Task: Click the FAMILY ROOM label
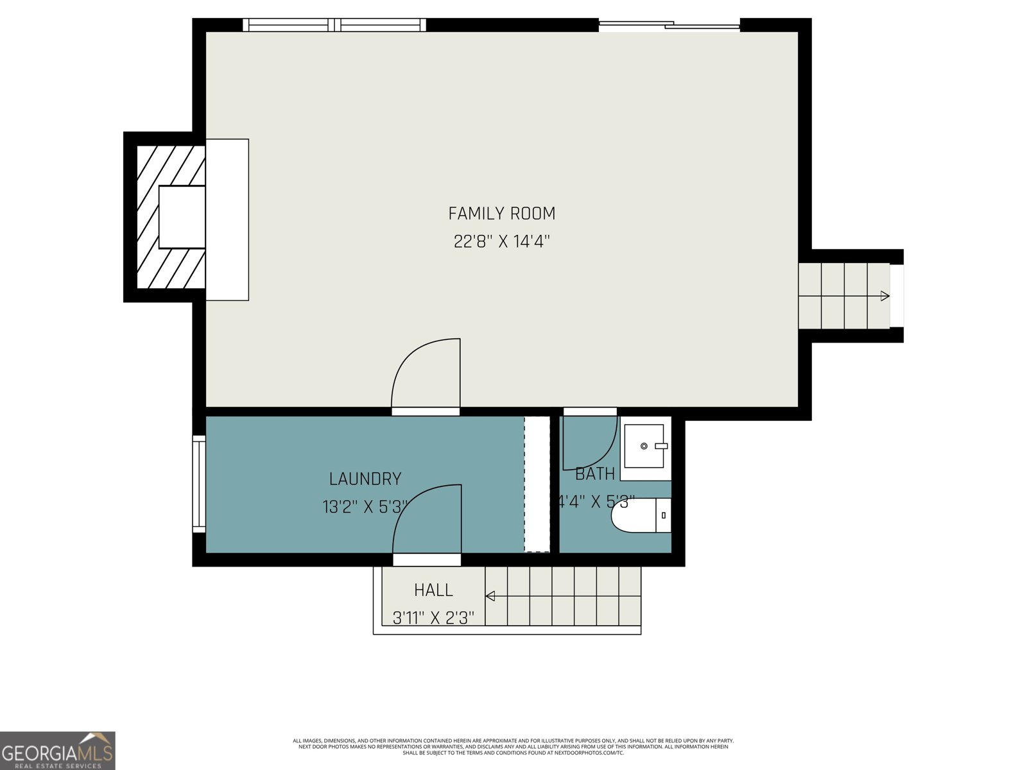(x=501, y=213)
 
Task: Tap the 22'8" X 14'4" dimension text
(x=501, y=242)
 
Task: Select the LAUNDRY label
(x=365, y=479)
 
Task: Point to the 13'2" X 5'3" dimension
(x=365, y=507)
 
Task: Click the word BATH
(x=594, y=474)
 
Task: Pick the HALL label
(x=433, y=590)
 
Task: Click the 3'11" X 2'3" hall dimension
(x=433, y=618)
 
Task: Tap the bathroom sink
(x=644, y=447)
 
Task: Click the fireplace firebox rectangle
(x=182, y=217)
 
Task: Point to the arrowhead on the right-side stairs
(x=885, y=296)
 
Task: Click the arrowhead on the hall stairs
(x=490, y=596)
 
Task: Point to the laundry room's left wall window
(x=199, y=484)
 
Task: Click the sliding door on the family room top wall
(x=669, y=26)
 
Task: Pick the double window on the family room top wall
(x=334, y=25)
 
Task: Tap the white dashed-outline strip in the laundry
(x=537, y=484)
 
